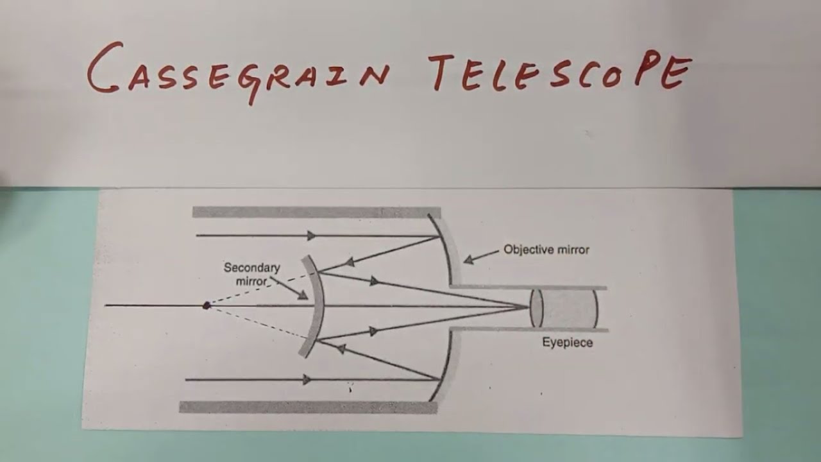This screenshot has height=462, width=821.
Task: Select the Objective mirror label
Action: (x=546, y=250)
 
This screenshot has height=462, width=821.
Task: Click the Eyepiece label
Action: (x=568, y=343)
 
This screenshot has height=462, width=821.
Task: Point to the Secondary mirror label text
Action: (x=251, y=274)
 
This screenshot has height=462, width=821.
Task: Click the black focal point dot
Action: (x=207, y=305)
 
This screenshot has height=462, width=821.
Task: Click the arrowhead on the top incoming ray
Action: (x=311, y=235)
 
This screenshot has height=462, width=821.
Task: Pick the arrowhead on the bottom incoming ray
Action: (x=307, y=380)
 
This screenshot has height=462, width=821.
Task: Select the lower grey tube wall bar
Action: (x=308, y=407)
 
